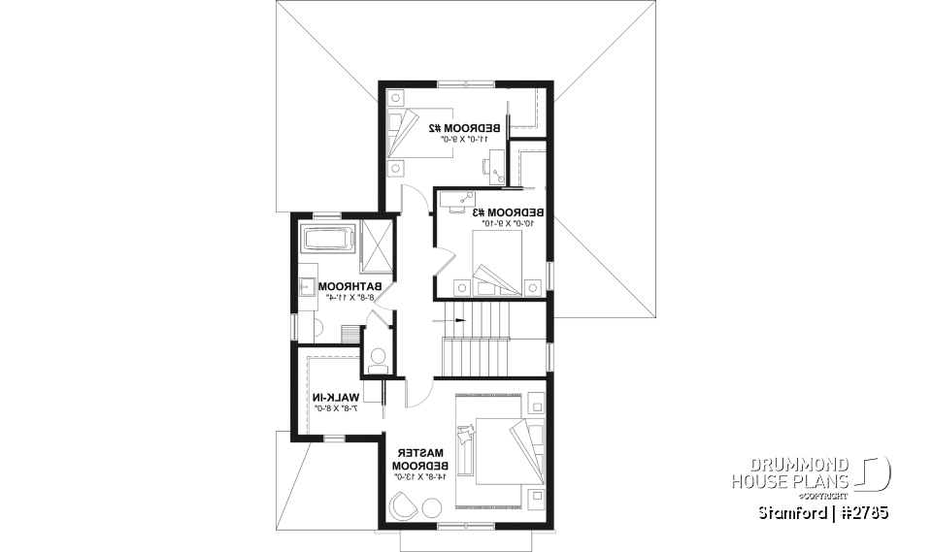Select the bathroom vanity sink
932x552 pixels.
[307, 286]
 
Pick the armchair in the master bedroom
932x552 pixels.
[402, 505]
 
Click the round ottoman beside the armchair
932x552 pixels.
[429, 507]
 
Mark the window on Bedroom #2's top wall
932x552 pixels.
[464, 83]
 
